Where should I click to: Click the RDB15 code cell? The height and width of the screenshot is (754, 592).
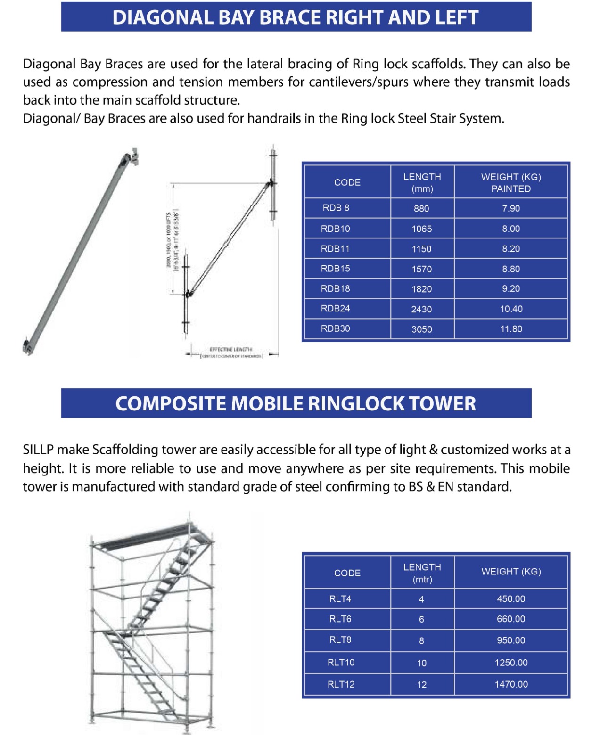click(x=335, y=269)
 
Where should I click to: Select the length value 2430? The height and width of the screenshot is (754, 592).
click(x=421, y=309)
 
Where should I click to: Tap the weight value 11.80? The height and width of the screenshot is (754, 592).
click(x=511, y=329)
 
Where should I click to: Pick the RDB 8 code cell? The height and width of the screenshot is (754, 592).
click(x=336, y=208)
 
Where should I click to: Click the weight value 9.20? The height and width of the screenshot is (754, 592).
click(x=511, y=289)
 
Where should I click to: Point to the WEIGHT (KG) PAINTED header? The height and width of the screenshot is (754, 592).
click(x=511, y=183)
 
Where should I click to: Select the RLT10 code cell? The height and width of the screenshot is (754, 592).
click(x=341, y=663)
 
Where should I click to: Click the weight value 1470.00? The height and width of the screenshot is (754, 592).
click(x=511, y=684)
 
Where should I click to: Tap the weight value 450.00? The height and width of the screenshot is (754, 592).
click(x=511, y=599)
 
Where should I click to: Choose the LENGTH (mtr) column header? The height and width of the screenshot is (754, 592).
click(x=422, y=573)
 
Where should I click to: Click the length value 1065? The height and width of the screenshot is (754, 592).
click(x=421, y=229)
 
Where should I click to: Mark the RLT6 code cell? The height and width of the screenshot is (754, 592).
click(x=340, y=619)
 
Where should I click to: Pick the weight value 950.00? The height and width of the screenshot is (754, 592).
click(x=511, y=640)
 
